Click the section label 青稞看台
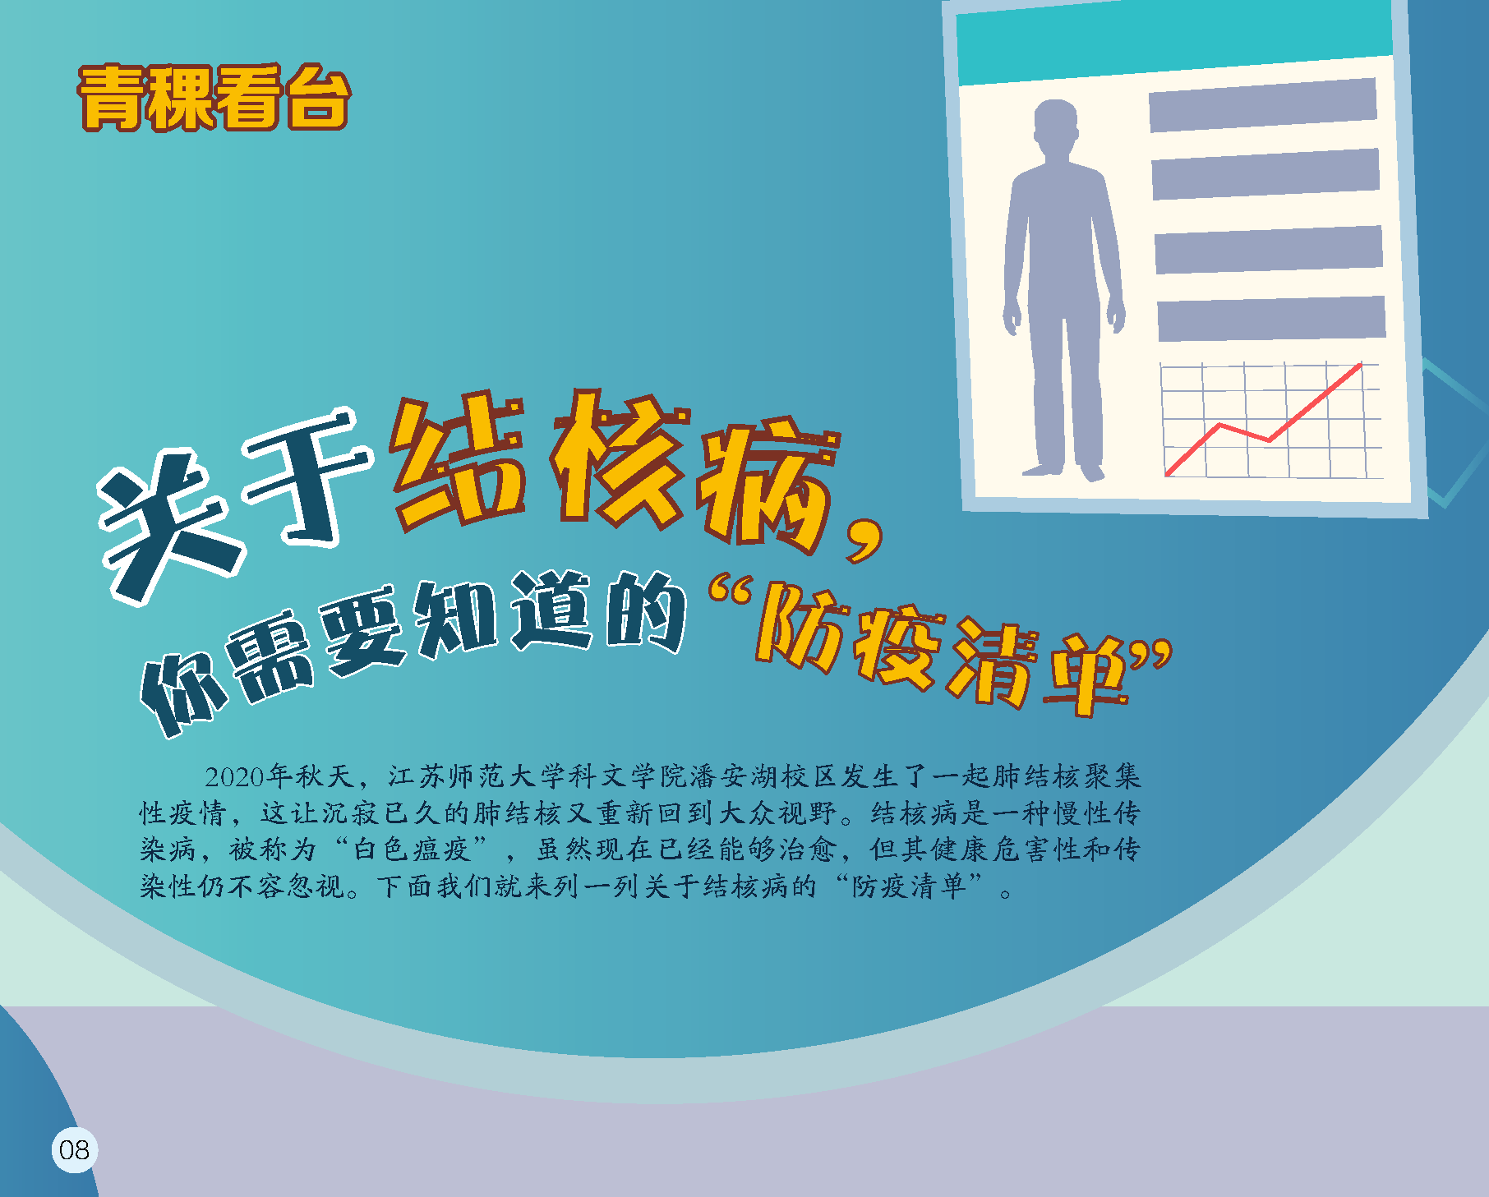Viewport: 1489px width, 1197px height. pos(214,98)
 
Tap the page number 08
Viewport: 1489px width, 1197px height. pos(74,1149)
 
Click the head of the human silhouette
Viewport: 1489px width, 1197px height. pos(1055,127)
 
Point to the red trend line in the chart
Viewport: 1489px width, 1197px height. pos(1264,419)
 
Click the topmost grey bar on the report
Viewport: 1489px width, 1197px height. pos(1263,105)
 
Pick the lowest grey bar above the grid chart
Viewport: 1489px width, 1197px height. pos(1272,318)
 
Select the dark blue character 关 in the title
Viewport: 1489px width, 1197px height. pos(168,526)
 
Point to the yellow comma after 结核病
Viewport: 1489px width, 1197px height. pos(864,538)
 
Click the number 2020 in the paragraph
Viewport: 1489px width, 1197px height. pos(235,776)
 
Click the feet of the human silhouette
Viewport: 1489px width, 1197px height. pos(1063,471)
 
